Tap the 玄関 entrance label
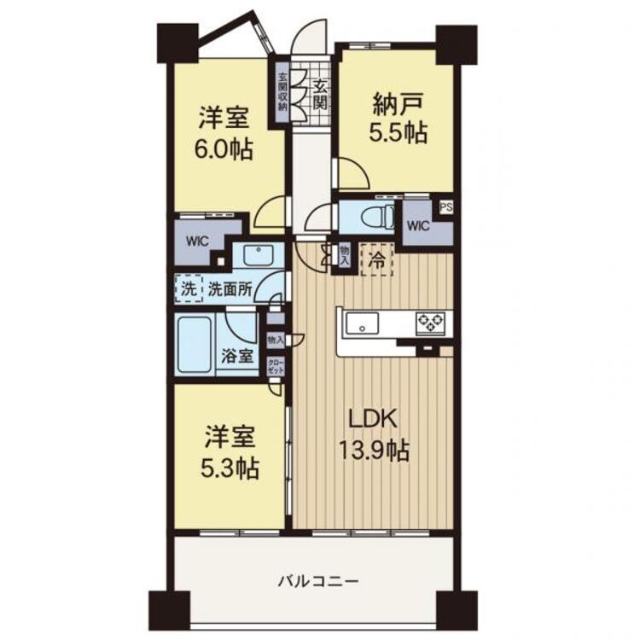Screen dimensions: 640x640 (x=319, y=95)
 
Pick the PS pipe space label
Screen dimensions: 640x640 (x=445, y=207)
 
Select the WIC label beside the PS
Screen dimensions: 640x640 (x=418, y=226)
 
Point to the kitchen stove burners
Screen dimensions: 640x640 (x=429, y=322)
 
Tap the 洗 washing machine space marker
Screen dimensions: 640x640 (x=187, y=288)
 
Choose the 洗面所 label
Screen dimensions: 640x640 (x=230, y=288)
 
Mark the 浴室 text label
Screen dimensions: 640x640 (x=239, y=356)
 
